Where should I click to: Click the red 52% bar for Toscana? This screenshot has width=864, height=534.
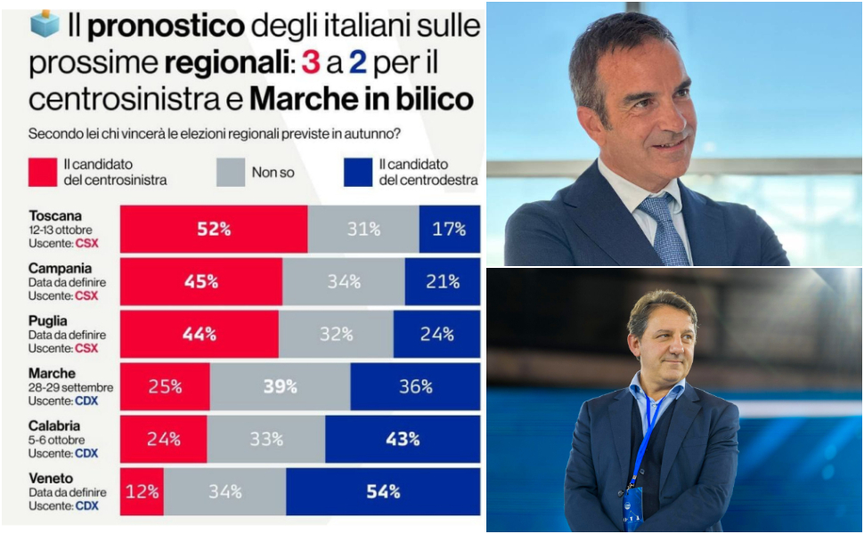[214, 230]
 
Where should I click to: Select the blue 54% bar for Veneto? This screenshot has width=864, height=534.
[383, 491]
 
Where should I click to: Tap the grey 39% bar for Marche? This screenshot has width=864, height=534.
[280, 386]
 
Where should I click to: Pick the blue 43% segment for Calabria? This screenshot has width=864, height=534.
[403, 439]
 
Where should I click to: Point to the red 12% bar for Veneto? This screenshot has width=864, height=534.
[142, 491]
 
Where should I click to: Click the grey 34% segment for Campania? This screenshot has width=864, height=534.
[343, 282]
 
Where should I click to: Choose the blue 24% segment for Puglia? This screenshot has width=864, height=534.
[436, 335]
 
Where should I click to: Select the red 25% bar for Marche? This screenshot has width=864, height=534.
[165, 386]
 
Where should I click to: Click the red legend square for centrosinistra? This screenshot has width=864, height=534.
[42, 172]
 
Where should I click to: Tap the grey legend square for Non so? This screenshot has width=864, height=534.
[230, 172]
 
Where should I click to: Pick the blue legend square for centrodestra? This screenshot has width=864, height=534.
[356, 172]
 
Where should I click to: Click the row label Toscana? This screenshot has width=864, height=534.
[55, 215]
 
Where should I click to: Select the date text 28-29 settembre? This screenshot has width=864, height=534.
[71, 387]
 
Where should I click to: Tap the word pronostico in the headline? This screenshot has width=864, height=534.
[166, 25]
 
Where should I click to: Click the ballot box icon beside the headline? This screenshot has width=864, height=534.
[44, 23]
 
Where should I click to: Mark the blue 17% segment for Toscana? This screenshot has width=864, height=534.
[449, 230]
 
